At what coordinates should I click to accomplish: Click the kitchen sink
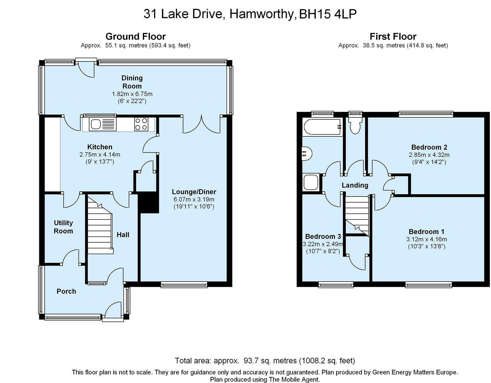coord(102,124)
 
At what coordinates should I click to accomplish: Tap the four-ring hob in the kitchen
coord(141,124)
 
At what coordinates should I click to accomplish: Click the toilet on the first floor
coord(355,125)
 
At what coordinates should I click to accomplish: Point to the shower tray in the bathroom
coord(311,182)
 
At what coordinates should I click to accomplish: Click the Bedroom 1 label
coord(426,232)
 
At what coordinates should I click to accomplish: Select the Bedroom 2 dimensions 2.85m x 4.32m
coord(429,155)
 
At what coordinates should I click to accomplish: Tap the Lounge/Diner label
coord(194,192)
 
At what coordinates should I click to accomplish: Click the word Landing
coord(355,185)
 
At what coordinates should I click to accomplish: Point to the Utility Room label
coord(63,227)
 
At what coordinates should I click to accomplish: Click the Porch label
coord(66,292)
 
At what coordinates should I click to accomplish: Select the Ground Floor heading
coord(136,36)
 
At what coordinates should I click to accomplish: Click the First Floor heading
coord(393,36)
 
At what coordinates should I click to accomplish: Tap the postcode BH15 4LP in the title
coord(328,14)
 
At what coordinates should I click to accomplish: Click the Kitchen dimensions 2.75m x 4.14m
coord(100,155)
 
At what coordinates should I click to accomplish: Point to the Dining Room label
coord(132,82)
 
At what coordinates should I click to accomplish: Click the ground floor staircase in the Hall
coord(100,225)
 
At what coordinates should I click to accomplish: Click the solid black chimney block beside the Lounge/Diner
coord(148,203)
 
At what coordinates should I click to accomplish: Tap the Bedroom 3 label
coord(323,237)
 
